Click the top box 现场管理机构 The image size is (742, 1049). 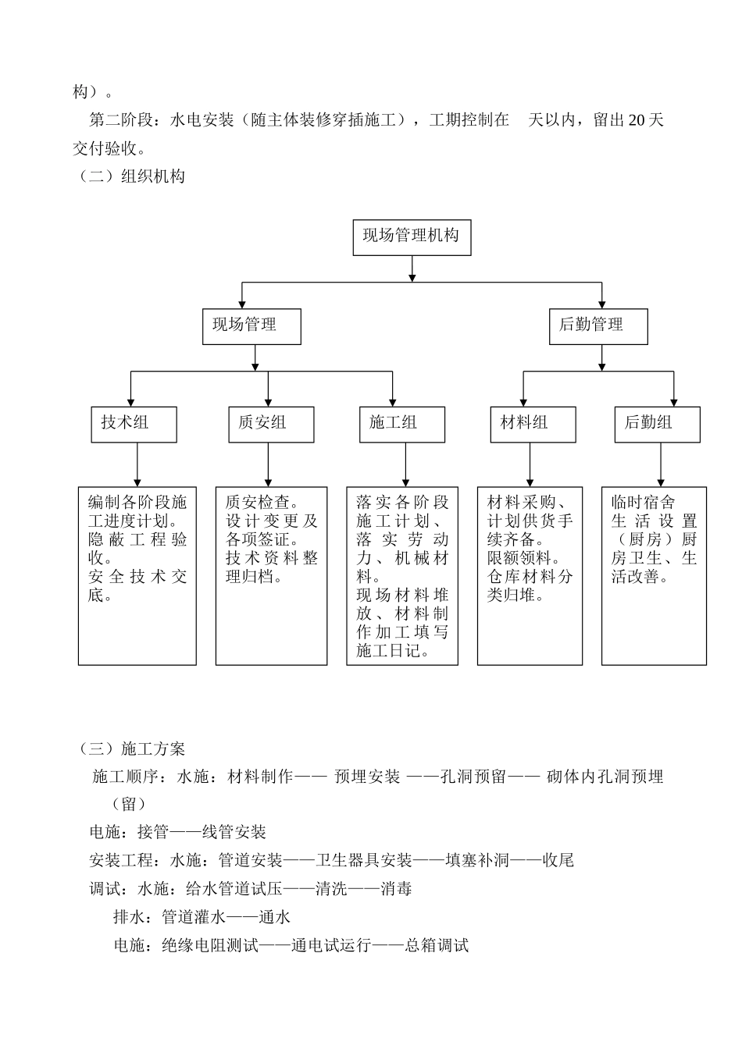click(x=412, y=236)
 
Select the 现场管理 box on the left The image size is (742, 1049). click(x=251, y=325)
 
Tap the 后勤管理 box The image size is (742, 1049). click(x=598, y=325)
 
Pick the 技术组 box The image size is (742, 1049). click(x=134, y=425)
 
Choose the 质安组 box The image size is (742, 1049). click(x=271, y=425)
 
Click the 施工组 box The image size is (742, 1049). click(x=401, y=425)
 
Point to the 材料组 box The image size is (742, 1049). click(x=533, y=425)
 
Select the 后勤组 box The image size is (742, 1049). click(x=657, y=425)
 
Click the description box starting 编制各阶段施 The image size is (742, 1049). click(x=137, y=576)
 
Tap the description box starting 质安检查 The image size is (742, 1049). click(x=271, y=576)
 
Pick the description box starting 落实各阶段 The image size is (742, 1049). click(x=402, y=576)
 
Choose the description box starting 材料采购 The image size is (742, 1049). click(x=530, y=576)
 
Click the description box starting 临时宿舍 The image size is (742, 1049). click(x=654, y=576)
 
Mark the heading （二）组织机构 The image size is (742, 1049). click(x=130, y=176)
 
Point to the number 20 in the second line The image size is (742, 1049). click(x=636, y=120)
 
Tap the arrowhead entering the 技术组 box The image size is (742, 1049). click(x=130, y=402)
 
